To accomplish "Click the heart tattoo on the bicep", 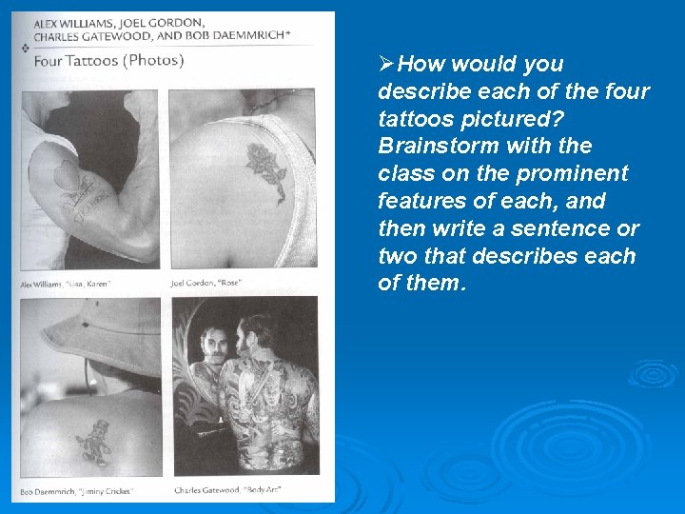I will tap(66, 175).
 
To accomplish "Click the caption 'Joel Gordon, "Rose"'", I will tap(205, 283).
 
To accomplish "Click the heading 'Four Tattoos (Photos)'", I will tap(108, 60).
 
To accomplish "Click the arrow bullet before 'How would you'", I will tap(386, 65).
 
